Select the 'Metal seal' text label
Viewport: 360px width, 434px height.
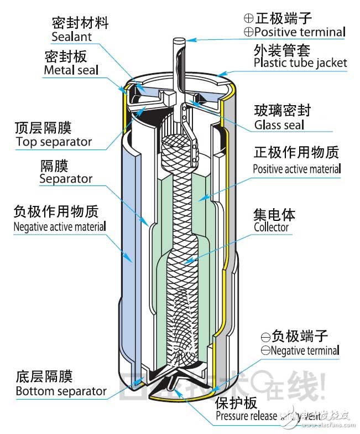click(x=71, y=70)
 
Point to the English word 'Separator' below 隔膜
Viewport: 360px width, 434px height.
click(x=66, y=179)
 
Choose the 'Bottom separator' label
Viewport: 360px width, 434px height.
click(x=61, y=391)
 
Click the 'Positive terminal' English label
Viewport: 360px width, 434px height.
click(x=299, y=32)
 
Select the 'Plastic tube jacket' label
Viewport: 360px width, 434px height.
click(x=300, y=62)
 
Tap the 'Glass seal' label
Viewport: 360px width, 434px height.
click(x=279, y=125)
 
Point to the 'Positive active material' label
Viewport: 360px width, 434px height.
click(x=297, y=168)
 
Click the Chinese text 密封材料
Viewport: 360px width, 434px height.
click(x=80, y=23)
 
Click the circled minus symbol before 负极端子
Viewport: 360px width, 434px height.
click(x=265, y=337)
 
